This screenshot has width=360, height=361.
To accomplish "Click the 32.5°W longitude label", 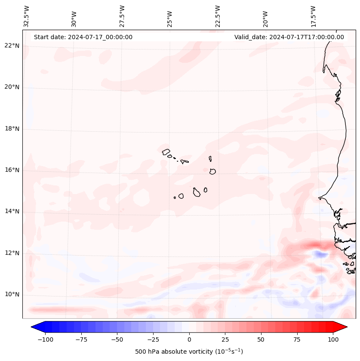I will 27,16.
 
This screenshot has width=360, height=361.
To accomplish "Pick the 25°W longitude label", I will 170,17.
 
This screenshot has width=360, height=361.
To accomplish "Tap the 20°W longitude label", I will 265,17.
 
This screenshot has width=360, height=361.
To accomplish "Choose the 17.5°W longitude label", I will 313,16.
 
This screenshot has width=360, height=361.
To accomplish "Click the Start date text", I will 83,37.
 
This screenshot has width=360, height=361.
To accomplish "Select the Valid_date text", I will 289,37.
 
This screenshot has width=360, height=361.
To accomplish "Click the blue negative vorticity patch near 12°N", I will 319,254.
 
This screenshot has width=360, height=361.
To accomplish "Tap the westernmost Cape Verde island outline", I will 166,152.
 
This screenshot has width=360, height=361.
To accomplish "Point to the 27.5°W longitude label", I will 122,16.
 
